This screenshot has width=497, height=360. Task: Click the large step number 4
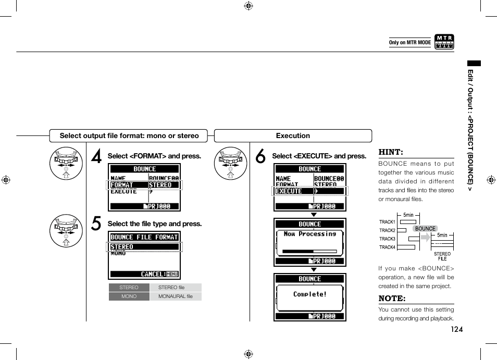(x=96, y=157)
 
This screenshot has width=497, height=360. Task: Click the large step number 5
(x=96, y=224)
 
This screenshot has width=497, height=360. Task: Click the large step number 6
(x=260, y=157)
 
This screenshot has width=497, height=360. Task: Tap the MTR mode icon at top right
(x=444, y=42)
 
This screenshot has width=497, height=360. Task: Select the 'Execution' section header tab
(x=293, y=136)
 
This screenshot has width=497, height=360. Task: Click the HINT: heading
(x=391, y=152)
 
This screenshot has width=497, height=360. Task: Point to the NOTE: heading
(x=392, y=299)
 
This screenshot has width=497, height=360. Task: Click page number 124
(x=457, y=329)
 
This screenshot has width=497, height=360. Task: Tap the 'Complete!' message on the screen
(x=310, y=294)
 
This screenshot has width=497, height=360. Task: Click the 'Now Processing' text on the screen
(x=310, y=234)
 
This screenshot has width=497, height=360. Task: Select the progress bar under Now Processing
(x=309, y=251)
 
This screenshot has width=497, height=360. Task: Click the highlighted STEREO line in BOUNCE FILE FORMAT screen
(x=144, y=246)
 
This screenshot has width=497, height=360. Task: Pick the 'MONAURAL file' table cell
(x=175, y=296)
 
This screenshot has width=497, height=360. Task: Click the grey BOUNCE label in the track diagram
(x=425, y=229)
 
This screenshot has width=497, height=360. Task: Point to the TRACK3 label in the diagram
(x=387, y=239)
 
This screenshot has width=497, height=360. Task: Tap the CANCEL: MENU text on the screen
(x=159, y=274)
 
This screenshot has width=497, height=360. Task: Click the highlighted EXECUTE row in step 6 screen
(x=309, y=191)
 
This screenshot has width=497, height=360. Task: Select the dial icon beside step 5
(x=66, y=230)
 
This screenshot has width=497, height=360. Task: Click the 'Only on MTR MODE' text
(x=410, y=43)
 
